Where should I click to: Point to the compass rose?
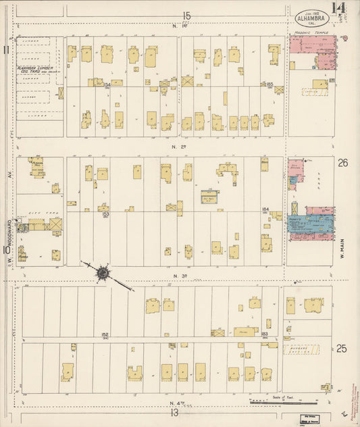(103, 273)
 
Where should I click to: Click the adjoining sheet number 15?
(186, 16)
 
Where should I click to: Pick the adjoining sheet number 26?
(342, 162)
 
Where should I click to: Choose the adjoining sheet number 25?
(342, 349)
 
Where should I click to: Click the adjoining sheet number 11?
(6, 49)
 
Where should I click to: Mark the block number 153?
(106, 214)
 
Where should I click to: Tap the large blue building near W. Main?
(314, 225)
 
